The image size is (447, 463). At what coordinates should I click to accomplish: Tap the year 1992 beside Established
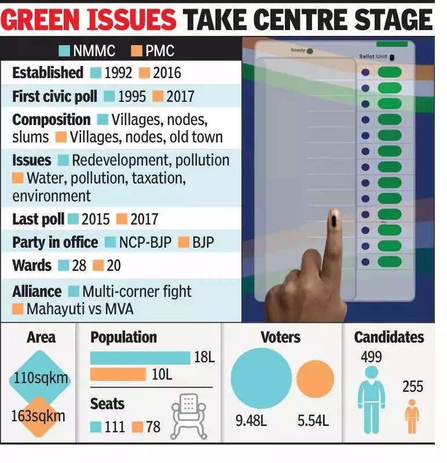(x=118, y=73)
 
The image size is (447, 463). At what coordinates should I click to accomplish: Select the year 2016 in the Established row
(x=167, y=73)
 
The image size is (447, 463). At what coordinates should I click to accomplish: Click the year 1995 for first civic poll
(x=132, y=96)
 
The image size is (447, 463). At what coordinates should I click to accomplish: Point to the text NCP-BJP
(x=145, y=242)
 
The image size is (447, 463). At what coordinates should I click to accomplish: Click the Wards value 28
(x=79, y=266)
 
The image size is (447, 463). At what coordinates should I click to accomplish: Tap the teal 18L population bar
(x=140, y=358)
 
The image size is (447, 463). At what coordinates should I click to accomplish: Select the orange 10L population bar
(x=118, y=374)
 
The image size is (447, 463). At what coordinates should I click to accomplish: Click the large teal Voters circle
(x=261, y=378)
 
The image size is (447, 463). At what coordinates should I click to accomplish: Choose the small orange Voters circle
(x=315, y=379)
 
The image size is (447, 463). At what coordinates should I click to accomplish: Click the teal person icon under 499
(x=371, y=399)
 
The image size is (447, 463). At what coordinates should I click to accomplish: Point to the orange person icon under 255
(x=412, y=416)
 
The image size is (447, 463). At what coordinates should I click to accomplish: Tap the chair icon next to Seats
(x=189, y=413)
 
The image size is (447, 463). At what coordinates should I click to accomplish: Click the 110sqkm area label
(x=41, y=379)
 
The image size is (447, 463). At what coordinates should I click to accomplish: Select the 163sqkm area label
(x=39, y=416)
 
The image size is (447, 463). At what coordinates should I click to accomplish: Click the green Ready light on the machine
(x=310, y=51)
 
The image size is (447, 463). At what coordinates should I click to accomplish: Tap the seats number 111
(x=115, y=428)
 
